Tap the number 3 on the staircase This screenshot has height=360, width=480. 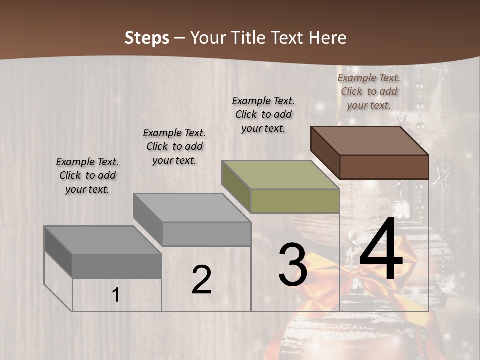pos(293,265)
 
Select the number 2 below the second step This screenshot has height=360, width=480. pos(201,280)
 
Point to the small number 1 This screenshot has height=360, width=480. pos(115,295)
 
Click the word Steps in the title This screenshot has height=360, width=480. pos(147,38)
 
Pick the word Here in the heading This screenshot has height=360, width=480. pos(329,38)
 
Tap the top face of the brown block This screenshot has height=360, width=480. pos(369,141)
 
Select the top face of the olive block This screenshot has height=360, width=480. pos(280,175)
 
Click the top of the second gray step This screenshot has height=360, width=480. pos(191,208)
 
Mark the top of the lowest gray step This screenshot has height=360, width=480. pos(102,240)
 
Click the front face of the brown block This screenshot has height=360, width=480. pos(384,167)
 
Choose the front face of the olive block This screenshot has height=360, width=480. pos(295,201)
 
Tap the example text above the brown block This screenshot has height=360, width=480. pos(369,91)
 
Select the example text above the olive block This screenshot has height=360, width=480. pos(263,114)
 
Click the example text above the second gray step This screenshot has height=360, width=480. pos(174,146)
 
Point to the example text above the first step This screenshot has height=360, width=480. pos(87,175)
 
